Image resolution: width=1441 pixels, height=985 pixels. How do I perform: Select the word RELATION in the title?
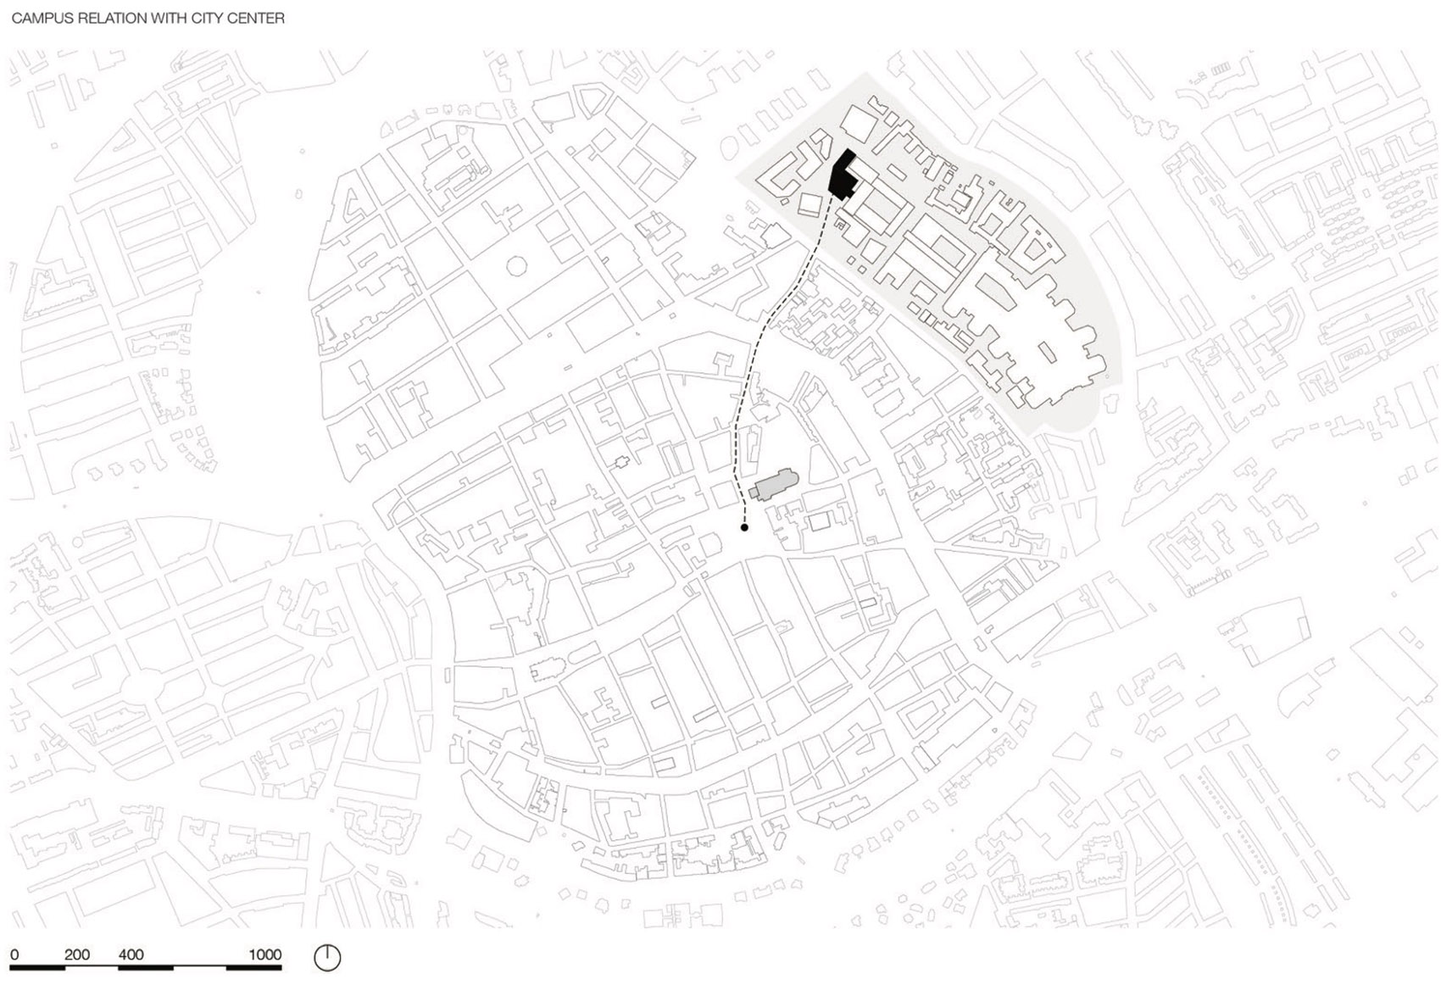pyautogui.click(x=105, y=18)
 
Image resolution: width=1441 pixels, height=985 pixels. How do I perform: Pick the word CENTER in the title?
pyautogui.click(x=258, y=18)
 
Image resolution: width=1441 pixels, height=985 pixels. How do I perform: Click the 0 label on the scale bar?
pyautogui.click(x=14, y=954)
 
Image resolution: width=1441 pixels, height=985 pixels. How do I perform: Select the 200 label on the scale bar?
pyautogui.click(x=77, y=954)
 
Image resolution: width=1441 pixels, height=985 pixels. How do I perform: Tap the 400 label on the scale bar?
pyautogui.click(x=131, y=954)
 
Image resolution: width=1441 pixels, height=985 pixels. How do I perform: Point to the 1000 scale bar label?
pyautogui.click(x=264, y=954)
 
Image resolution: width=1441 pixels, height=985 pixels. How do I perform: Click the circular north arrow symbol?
pyautogui.click(x=327, y=958)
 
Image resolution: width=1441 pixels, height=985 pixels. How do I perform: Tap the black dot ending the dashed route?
pyautogui.click(x=744, y=527)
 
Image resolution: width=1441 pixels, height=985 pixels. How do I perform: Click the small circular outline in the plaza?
pyautogui.click(x=516, y=266)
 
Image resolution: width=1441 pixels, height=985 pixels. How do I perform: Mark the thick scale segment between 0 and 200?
pyautogui.click(x=37, y=967)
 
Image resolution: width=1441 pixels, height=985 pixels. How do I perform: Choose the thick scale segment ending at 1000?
pyautogui.click(x=254, y=967)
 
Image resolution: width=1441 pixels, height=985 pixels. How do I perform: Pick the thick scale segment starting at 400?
pyautogui.click(x=146, y=967)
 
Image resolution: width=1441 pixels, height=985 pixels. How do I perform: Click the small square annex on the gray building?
pyautogui.click(x=753, y=492)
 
